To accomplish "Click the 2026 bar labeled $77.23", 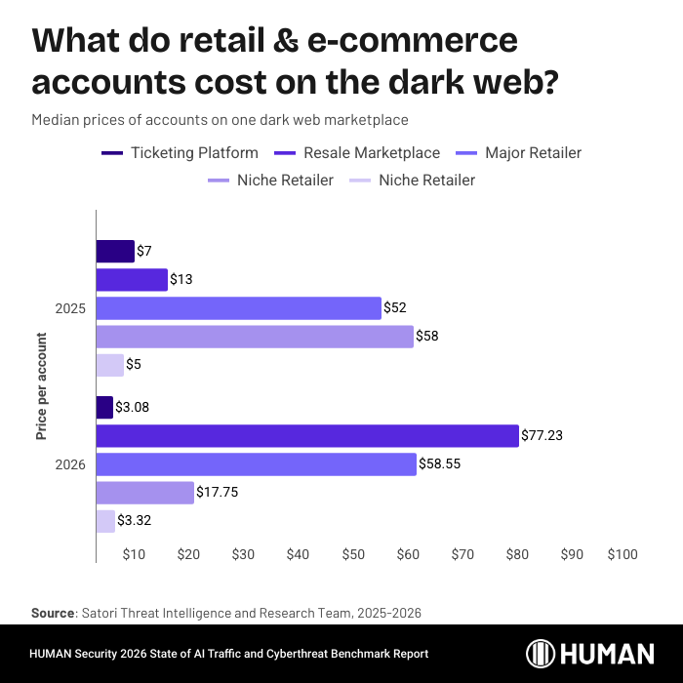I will [x=307, y=435].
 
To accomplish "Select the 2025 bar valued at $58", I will [x=255, y=337].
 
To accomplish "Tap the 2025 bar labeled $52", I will [x=238, y=308].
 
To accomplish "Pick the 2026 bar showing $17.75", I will [x=145, y=493].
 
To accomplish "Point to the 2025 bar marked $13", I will [x=132, y=280].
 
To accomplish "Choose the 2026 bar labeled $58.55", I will [x=256, y=464].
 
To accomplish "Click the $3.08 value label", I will [x=133, y=407].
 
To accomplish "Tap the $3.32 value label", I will [x=134, y=521].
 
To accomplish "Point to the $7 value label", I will [x=144, y=252].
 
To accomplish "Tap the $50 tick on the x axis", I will [x=353, y=554].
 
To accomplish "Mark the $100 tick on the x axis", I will [x=622, y=554].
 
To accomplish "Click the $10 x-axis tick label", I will [x=135, y=554].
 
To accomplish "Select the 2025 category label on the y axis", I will [x=70, y=308].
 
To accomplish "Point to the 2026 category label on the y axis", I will [x=70, y=464].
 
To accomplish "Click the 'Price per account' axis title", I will [x=42, y=386].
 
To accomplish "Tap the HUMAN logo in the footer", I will [x=590, y=653].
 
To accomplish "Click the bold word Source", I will [x=53, y=612].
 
